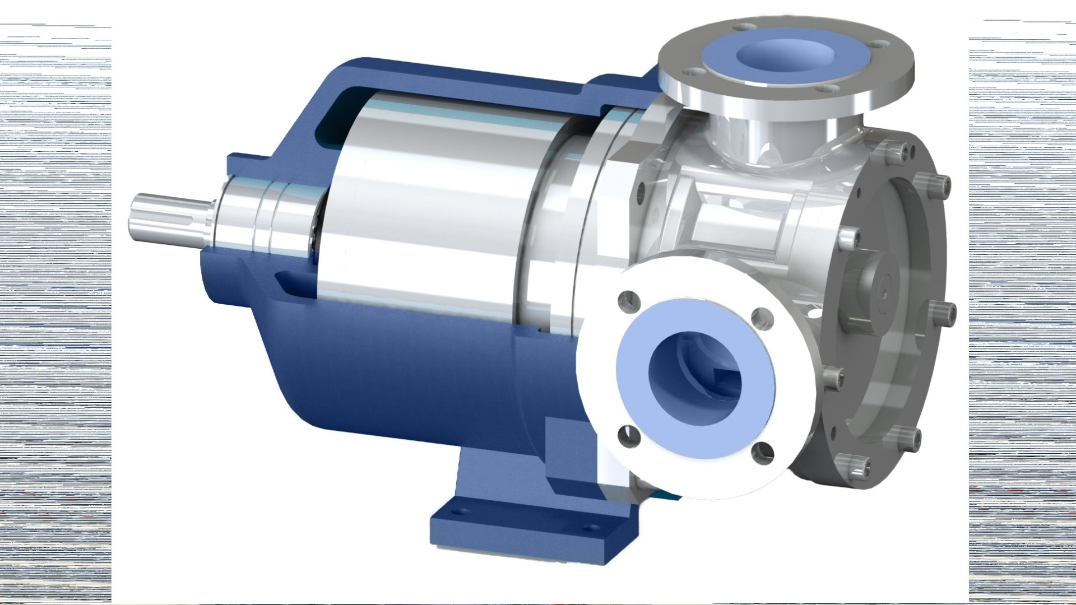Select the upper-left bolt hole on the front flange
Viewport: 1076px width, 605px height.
click(629, 301)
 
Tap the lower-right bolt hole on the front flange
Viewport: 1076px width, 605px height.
click(762, 453)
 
